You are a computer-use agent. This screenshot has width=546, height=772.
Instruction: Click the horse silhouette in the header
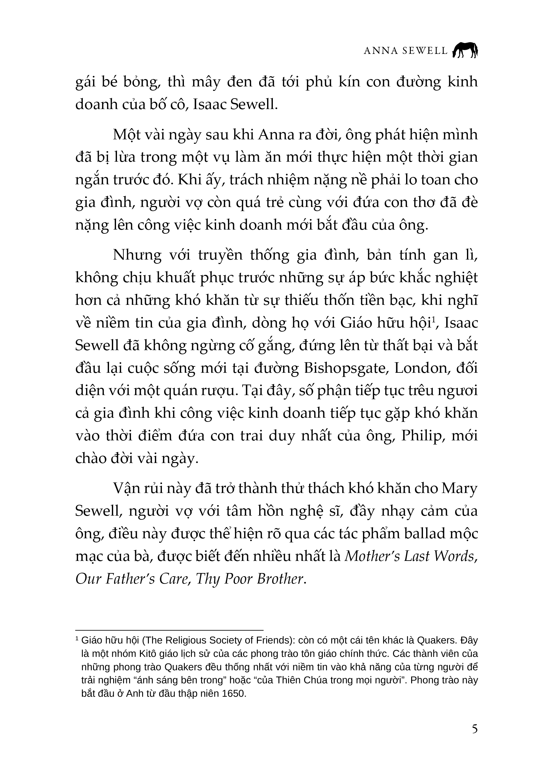[465, 50]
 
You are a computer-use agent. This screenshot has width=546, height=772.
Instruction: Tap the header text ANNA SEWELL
[405, 51]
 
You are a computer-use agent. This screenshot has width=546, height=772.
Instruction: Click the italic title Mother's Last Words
[411, 556]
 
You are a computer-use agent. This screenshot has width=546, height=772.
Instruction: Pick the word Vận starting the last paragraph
[125, 489]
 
